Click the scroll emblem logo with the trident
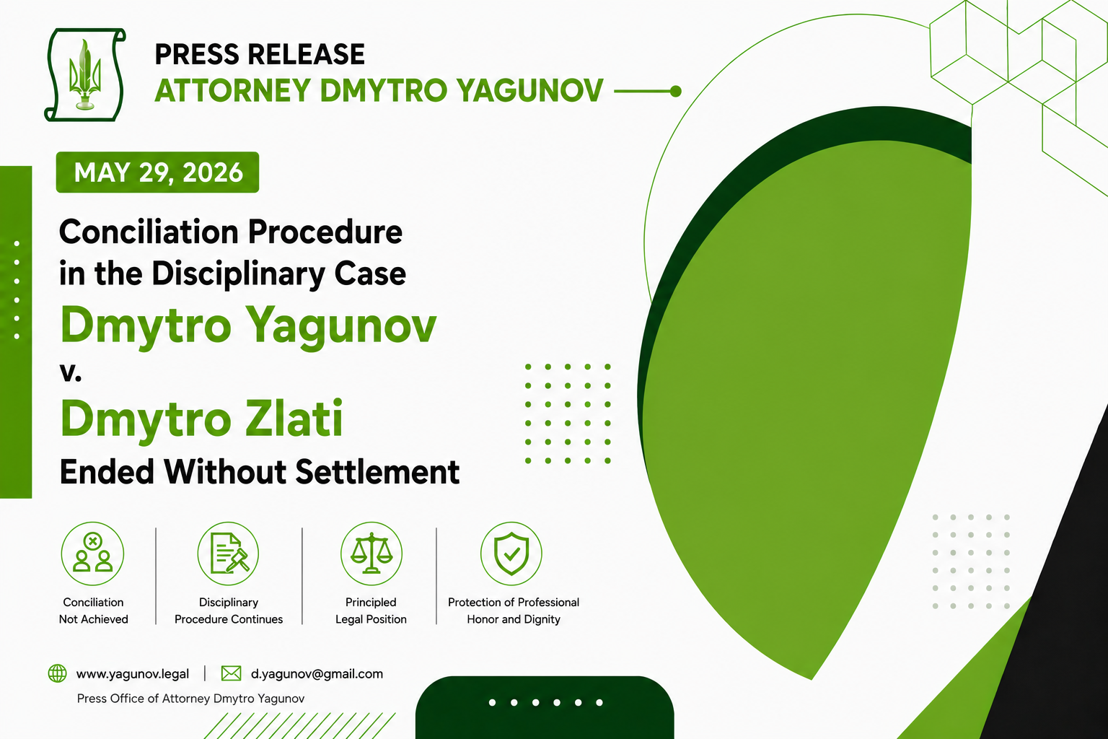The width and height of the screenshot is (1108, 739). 85,75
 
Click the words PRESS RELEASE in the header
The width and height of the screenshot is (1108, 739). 260,54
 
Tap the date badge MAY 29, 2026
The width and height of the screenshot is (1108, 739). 157,172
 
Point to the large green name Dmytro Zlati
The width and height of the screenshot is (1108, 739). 201,419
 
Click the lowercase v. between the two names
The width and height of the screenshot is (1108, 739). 70,372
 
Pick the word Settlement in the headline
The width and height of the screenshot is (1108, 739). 377,472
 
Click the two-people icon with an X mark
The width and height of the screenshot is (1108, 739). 92,554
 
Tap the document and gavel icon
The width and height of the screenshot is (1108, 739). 228,554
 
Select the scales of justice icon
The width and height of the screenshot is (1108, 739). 371,554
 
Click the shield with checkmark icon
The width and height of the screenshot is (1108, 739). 511,554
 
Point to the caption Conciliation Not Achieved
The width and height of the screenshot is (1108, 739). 94,611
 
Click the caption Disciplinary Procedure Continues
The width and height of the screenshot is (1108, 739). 229,611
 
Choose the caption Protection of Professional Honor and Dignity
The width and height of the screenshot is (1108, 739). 514,611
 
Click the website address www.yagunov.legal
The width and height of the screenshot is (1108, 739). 133,673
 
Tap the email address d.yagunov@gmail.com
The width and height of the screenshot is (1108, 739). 317,673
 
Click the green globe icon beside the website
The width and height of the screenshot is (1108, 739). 58,673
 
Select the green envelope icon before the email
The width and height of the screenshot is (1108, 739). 231,673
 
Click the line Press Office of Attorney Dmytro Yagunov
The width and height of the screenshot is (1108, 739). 190,699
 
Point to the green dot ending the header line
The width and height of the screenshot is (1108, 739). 676,91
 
